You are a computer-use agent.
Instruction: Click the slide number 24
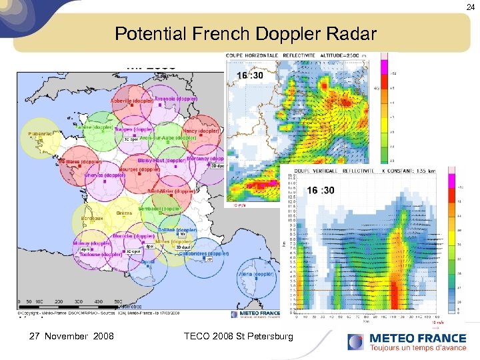pos(470,6)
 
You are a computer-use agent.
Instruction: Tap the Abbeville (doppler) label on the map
pos(131,101)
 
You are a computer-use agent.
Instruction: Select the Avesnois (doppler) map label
pos(175,99)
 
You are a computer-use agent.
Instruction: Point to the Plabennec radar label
pos(41,134)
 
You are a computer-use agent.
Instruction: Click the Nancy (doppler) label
pos(201,131)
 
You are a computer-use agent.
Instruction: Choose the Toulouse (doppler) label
pos(97,254)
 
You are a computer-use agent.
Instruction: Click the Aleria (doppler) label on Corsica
pos(256,274)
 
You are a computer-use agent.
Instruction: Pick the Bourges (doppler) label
pos(139,169)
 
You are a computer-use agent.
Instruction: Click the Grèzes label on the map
pos(124,213)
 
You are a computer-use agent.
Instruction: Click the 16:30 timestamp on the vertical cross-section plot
pos(321,190)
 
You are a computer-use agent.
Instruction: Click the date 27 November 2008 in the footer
pos(72,337)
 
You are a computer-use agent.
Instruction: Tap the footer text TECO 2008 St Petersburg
pos(238,337)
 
